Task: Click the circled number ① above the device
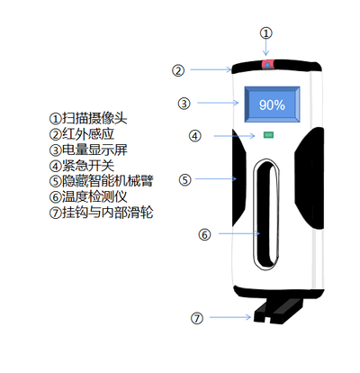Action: [265, 33]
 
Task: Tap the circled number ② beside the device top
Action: [178, 70]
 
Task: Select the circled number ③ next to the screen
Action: [184, 104]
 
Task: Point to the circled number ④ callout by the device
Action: [195, 136]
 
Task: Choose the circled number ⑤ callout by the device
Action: [184, 180]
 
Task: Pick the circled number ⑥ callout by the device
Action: [204, 234]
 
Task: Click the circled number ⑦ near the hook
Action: [197, 318]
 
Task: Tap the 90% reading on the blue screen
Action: [272, 105]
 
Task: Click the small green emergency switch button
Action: [268, 135]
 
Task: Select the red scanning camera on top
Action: [267, 65]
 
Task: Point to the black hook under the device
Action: [278, 312]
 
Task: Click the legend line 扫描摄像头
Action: [88, 118]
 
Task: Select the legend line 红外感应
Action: [82, 134]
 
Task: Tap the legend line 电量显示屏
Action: [88, 150]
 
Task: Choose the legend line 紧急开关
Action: [82, 165]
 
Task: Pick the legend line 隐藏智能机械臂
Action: [101, 181]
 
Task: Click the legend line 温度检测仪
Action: [88, 196]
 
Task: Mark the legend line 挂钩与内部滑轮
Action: [101, 213]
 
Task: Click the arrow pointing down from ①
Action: [265, 48]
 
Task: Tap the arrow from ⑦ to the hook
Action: [230, 317]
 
